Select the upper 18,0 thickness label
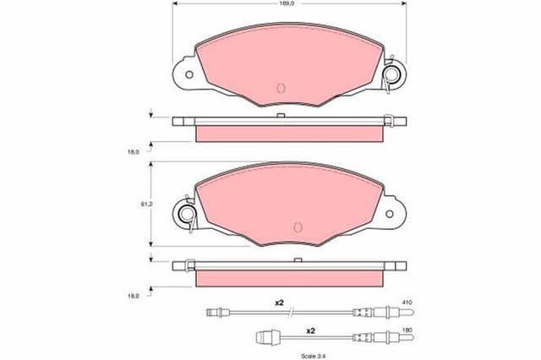[x=133, y=151]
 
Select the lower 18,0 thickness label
[x=133, y=296]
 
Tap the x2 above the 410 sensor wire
[x=280, y=303]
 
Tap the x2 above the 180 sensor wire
[x=310, y=330]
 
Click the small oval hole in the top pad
[x=281, y=87]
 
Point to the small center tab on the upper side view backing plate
[x=279, y=114]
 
